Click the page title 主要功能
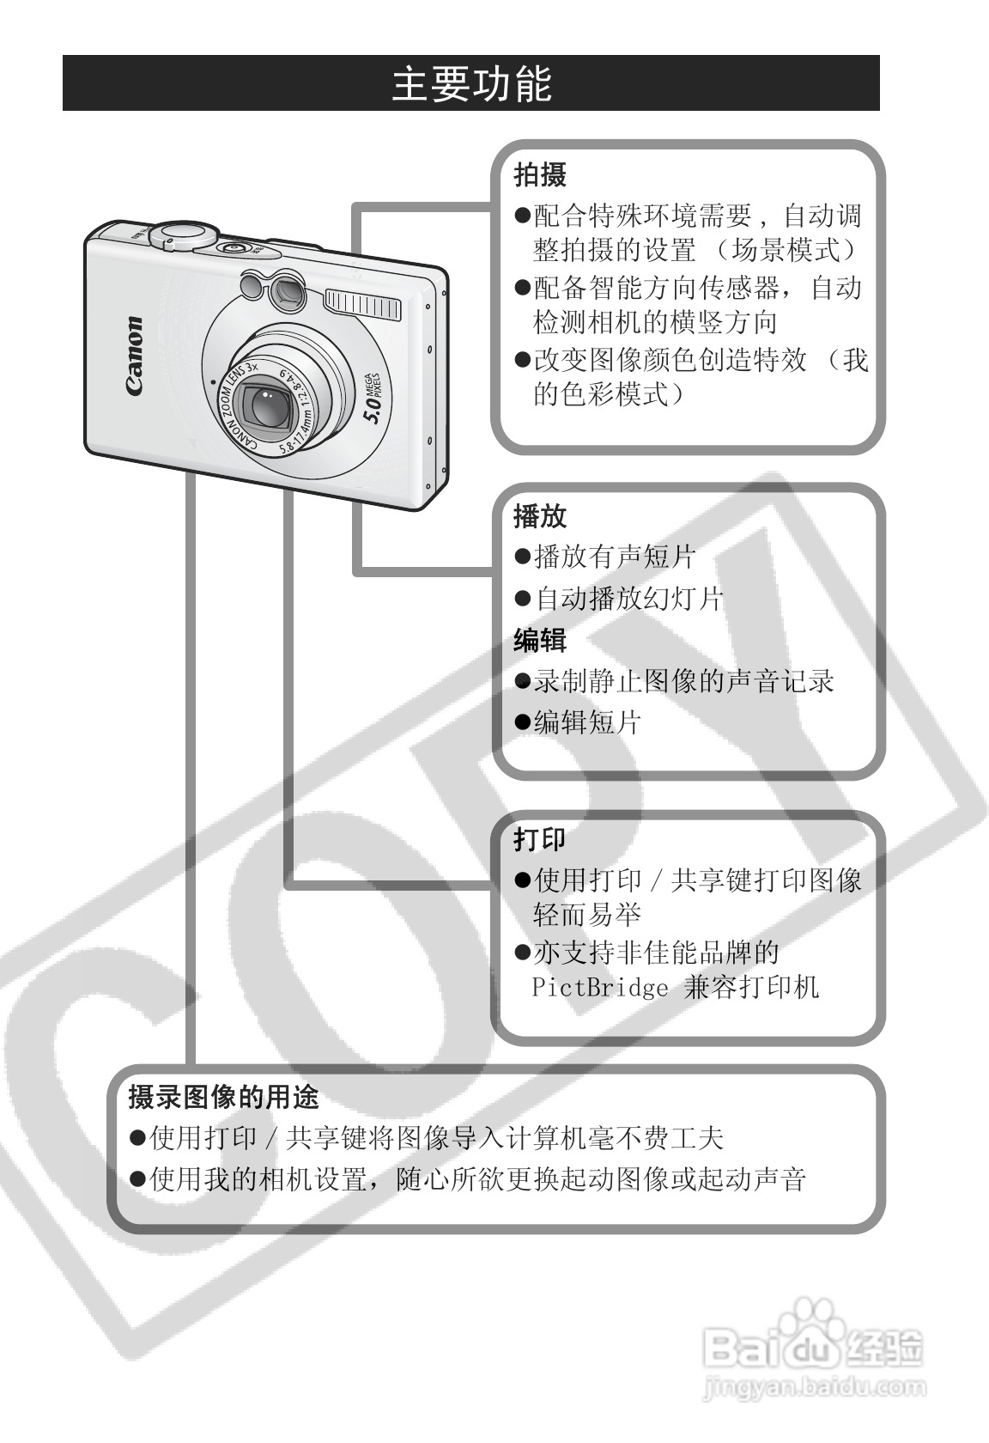tap(471, 84)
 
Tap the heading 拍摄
tap(540, 175)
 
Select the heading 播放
tap(540, 516)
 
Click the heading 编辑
tap(540, 640)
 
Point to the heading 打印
tap(540, 839)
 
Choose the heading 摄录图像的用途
tap(223, 1097)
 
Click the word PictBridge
tap(599, 987)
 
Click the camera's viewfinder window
tap(286, 295)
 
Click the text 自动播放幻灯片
tap(629, 598)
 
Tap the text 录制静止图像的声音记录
tap(684, 681)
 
